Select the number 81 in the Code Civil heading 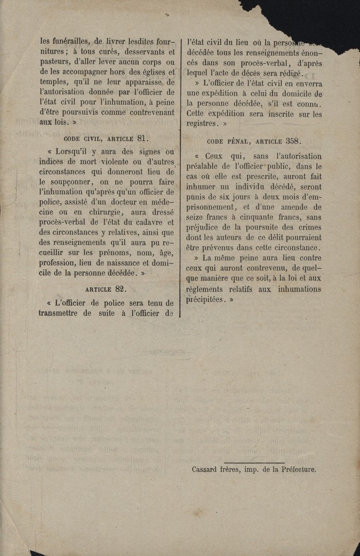pyautogui.click(x=143, y=138)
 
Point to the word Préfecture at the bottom pyautogui.click(x=295, y=470)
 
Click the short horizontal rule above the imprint pyautogui.click(x=254, y=463)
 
